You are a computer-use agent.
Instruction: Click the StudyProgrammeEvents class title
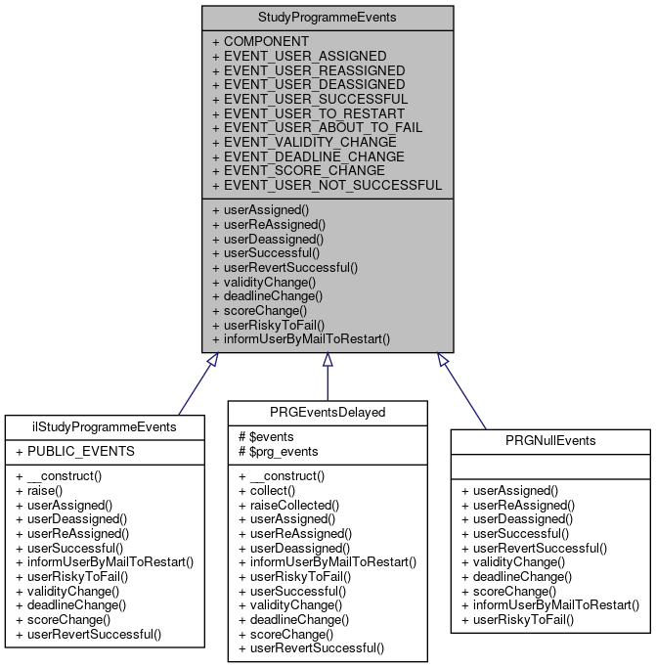328,17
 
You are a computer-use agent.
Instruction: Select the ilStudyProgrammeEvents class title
105,426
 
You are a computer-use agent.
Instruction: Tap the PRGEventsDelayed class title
328,412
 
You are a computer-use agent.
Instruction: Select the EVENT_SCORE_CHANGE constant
297,170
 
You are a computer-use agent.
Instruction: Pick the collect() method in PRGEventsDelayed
266,491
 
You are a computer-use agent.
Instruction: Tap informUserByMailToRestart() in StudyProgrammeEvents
301,339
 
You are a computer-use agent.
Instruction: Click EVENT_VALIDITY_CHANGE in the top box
304,142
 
